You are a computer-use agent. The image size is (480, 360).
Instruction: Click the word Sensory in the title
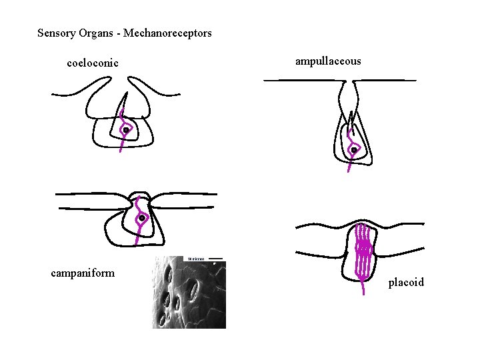tap(56, 33)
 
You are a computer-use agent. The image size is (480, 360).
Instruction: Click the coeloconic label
tap(93, 63)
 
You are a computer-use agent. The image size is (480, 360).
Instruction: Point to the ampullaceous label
tap(328, 61)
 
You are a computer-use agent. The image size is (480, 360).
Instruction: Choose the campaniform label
tap(83, 273)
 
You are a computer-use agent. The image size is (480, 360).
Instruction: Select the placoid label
tap(406, 283)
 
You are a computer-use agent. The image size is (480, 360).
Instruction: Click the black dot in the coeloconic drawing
tap(125, 130)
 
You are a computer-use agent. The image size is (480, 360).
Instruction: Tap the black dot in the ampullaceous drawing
tap(354, 151)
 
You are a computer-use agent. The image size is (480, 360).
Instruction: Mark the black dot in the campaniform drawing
tap(142, 218)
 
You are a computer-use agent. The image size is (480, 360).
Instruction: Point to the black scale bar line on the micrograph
tap(215, 258)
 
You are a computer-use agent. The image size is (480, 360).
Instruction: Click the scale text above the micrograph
tap(196, 258)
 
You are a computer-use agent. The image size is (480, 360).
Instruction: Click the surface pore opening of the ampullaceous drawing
tap(350, 82)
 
